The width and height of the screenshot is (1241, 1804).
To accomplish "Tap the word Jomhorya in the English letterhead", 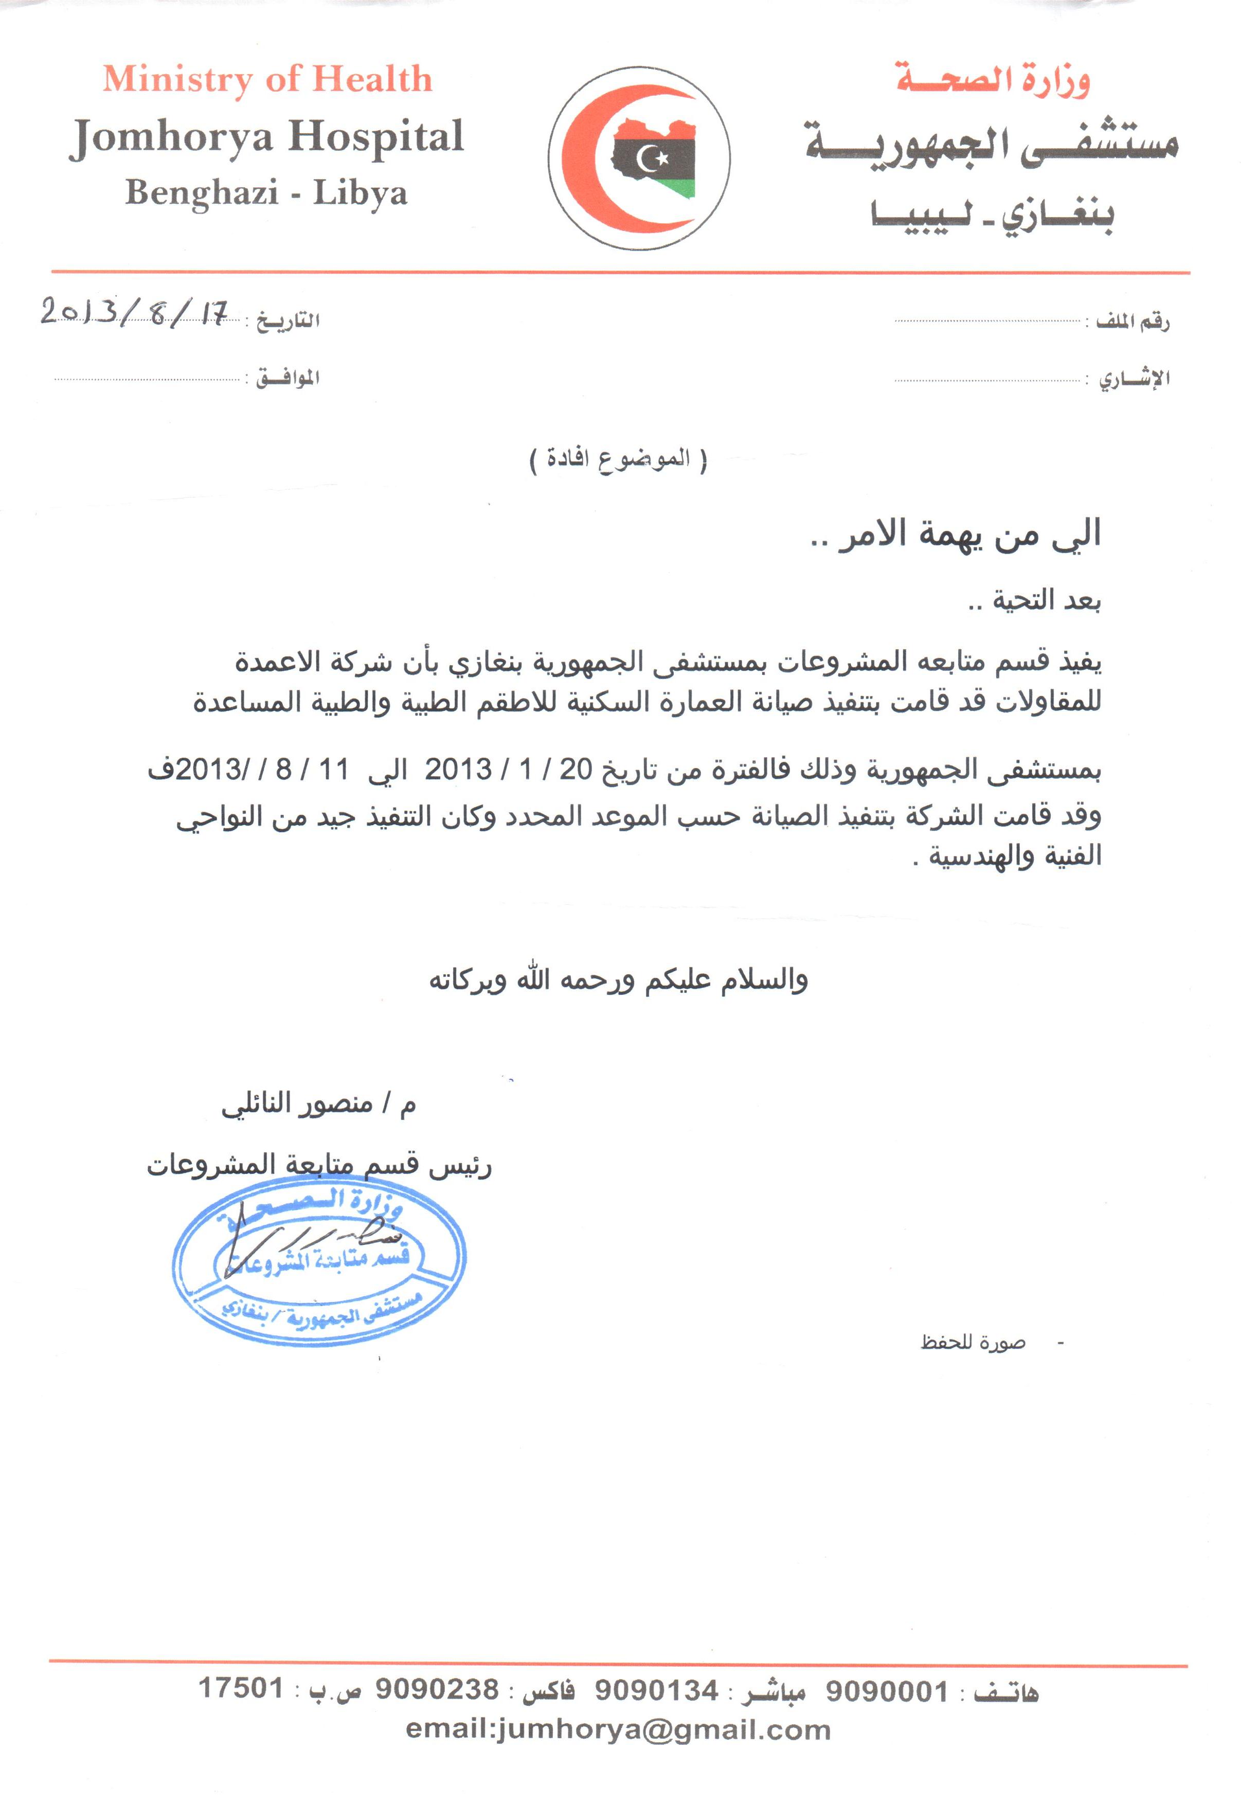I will tap(172, 138).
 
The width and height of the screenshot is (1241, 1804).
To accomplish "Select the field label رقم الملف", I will tap(1132, 320).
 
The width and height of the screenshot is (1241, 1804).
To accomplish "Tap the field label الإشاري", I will tap(1134, 380).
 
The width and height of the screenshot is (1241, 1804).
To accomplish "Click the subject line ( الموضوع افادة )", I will tap(618, 459).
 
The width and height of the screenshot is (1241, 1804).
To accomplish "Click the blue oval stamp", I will tap(319, 1260).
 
